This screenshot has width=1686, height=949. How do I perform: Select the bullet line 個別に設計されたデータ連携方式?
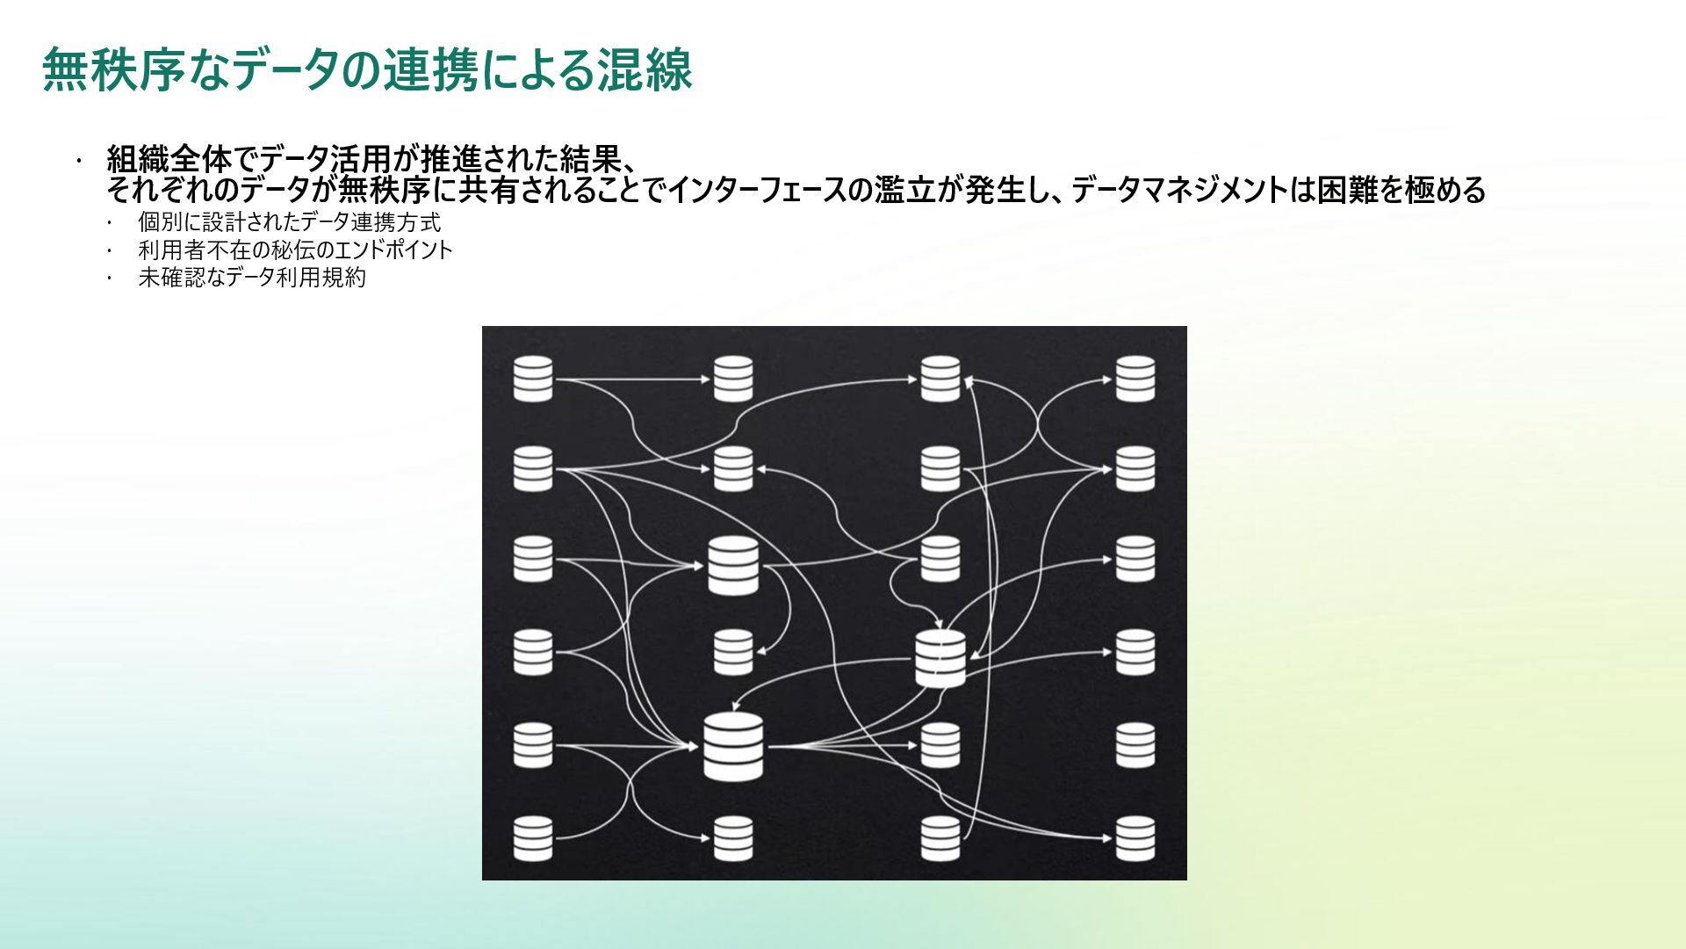coord(289,222)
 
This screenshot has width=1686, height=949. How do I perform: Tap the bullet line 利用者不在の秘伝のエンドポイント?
coord(295,250)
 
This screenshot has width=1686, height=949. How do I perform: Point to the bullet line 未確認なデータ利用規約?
coord(252,279)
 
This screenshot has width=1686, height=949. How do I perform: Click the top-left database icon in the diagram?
coord(533,379)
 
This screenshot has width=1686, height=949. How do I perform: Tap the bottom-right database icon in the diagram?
coord(1135,838)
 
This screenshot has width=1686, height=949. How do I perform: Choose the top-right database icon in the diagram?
coord(1135,379)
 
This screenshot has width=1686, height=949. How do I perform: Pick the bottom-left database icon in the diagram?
coord(533,838)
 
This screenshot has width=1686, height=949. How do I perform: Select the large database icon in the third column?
coord(940,658)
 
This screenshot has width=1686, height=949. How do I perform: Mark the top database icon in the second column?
coord(733,379)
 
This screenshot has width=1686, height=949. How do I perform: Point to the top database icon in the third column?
coord(940,379)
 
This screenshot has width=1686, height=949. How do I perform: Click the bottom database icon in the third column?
coord(940,838)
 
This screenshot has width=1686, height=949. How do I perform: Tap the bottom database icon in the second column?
coord(733,838)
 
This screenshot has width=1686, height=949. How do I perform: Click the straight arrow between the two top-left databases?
coord(632,380)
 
